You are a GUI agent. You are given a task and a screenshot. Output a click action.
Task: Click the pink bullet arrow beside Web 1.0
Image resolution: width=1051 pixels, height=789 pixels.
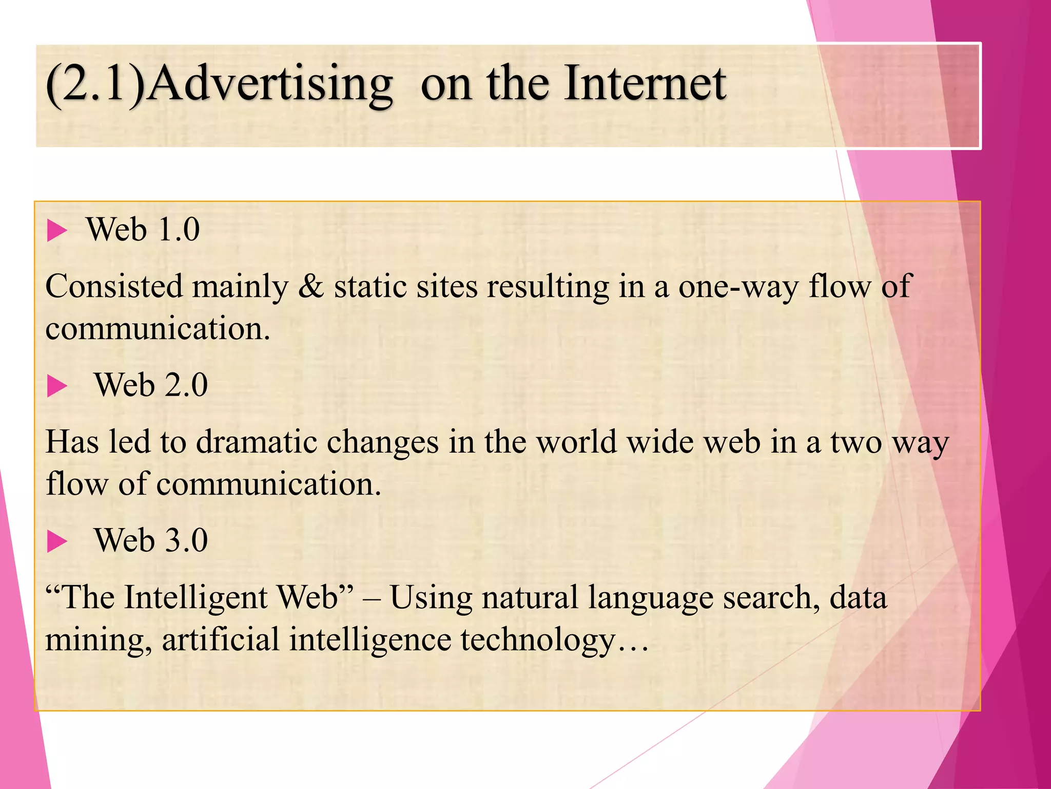coord(57,230)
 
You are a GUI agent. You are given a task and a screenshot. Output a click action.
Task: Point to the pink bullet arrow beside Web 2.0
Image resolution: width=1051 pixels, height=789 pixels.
coord(57,386)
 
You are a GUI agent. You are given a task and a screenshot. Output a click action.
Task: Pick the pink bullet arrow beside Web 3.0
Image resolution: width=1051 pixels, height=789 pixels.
coord(57,541)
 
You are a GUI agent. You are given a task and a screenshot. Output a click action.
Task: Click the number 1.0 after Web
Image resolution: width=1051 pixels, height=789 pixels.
coord(179,230)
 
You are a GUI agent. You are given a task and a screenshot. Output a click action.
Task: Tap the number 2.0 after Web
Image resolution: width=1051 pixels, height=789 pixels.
coord(186,385)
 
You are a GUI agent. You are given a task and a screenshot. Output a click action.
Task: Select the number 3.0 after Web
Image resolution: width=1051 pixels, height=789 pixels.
coord(186,541)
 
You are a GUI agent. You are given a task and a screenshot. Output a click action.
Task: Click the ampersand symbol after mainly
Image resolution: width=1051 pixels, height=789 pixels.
coord(311,287)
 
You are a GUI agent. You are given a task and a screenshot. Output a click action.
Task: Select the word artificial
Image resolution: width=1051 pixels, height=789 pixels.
coord(221,640)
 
